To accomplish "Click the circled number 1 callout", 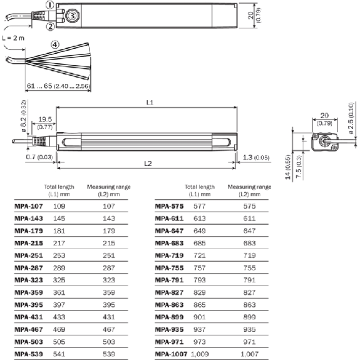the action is pyautogui.click(x=50, y=5).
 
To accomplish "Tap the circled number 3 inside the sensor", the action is pyautogui.click(x=72, y=16).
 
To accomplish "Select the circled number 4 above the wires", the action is pyautogui.click(x=55, y=44).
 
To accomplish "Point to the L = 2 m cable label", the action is pyautogui.click(x=13, y=38).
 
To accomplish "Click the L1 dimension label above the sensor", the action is pyautogui.click(x=150, y=103).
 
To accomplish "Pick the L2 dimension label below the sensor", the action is pyautogui.click(x=148, y=163).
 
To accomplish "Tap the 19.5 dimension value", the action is pyautogui.click(x=45, y=119).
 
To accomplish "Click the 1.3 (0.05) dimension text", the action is pyautogui.click(x=256, y=157).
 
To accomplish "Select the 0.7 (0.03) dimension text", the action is pyautogui.click(x=39, y=157).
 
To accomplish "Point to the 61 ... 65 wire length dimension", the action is pyautogui.click(x=58, y=86).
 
